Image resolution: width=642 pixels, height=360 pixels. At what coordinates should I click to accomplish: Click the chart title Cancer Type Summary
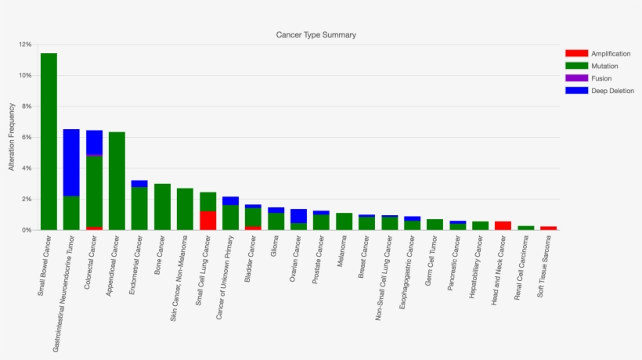316,35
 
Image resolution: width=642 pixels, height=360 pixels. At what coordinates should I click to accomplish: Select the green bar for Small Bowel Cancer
49,142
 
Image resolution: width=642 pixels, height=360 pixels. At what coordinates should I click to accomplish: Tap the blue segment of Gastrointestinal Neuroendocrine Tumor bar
71,162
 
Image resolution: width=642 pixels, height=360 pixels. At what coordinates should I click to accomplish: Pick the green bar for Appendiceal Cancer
117,181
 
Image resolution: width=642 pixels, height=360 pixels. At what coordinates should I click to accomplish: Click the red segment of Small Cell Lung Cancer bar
207,220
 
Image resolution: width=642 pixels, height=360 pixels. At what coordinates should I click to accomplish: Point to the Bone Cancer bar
162,207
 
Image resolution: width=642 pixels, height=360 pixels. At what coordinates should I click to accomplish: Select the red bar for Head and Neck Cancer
503,225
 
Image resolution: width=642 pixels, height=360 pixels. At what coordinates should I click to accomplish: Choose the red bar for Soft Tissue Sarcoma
548,228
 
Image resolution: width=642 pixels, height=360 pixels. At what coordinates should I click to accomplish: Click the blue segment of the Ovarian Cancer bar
298,215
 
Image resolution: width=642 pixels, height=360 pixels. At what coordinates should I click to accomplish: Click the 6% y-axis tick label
27,137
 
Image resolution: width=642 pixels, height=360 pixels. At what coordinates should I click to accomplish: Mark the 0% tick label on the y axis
27,230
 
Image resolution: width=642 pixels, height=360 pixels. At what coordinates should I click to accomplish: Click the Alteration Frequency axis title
12,138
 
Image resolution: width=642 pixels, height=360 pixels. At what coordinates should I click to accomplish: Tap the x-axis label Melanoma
341,250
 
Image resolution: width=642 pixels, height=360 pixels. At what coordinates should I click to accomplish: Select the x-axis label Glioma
273,247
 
